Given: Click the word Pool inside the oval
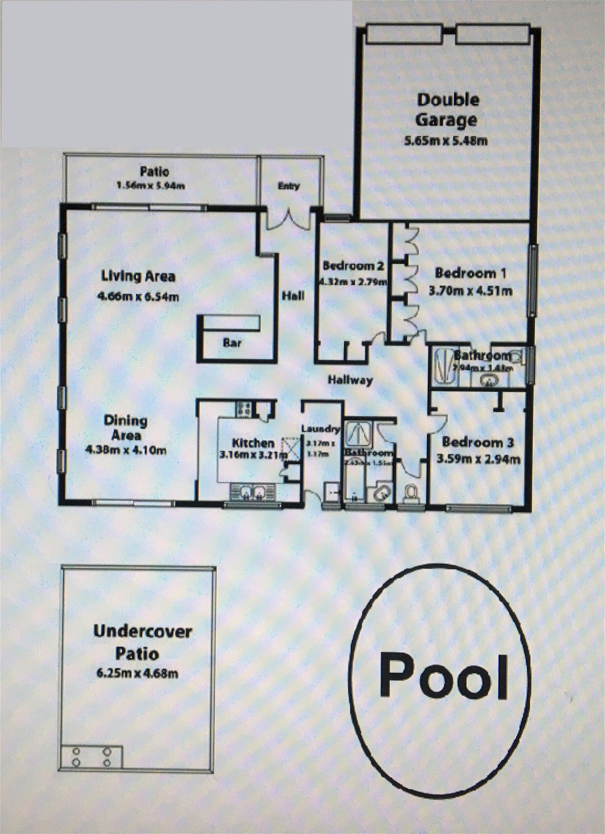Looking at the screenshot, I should click(x=444, y=678).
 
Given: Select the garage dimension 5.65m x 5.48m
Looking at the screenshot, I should click(x=446, y=141).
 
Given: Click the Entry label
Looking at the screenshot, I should click(x=289, y=186).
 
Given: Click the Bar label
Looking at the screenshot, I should click(x=232, y=343).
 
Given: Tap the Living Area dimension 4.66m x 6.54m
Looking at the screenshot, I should click(x=138, y=297).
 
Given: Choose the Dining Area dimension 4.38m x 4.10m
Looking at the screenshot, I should click(x=126, y=450).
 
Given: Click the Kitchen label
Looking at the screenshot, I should click(x=253, y=443).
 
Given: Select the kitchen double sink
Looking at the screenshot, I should click(x=252, y=492).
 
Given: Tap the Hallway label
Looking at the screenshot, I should click(x=350, y=380).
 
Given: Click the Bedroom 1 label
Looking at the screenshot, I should click(x=470, y=273).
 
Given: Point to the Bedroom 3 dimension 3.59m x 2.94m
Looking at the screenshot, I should click(x=478, y=460).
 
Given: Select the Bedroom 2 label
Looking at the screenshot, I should click(x=353, y=265).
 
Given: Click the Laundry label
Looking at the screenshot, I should click(x=320, y=429).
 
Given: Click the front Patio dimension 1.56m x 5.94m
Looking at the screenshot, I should click(x=151, y=186).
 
